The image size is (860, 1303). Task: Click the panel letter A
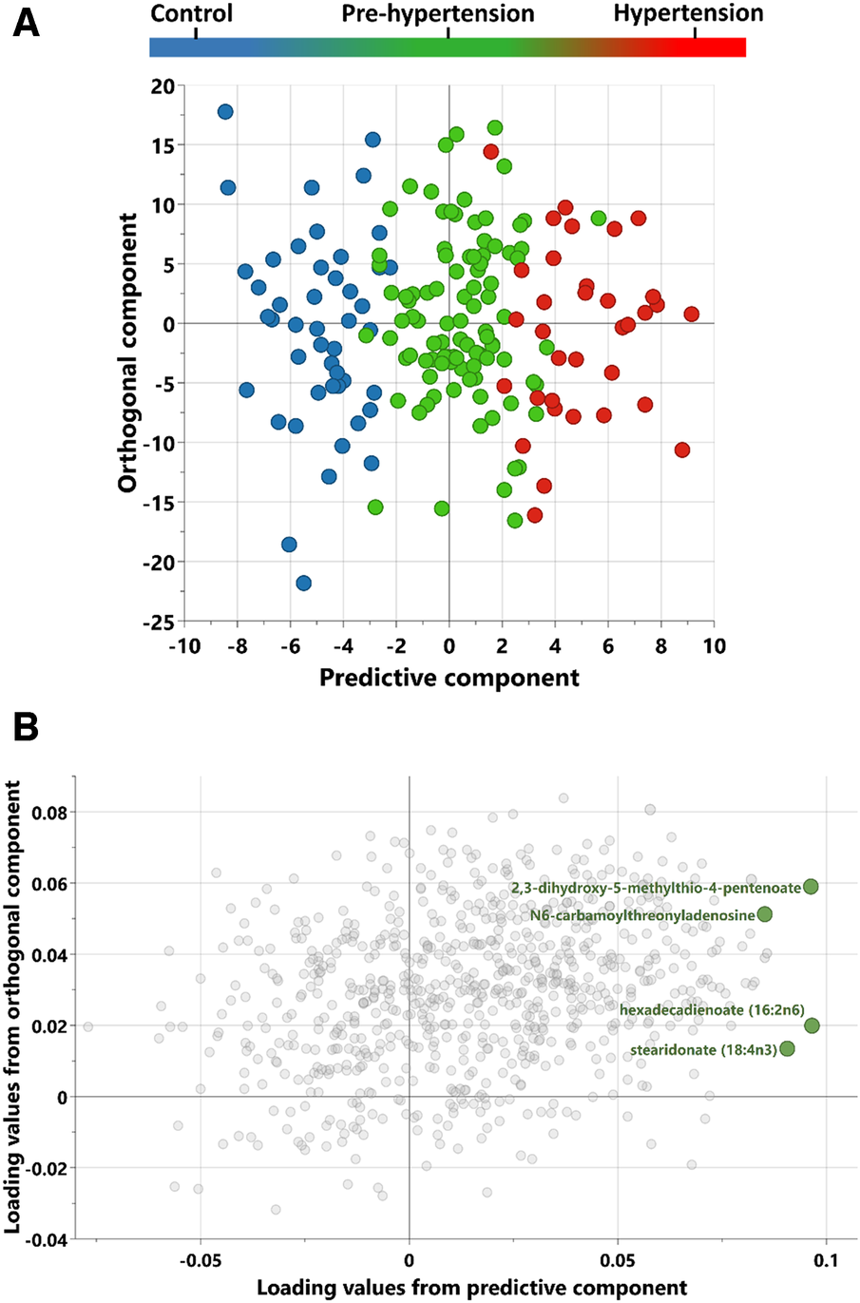pyautogui.click(x=26, y=21)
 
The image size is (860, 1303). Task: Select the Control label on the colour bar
pyautogui.click(x=191, y=13)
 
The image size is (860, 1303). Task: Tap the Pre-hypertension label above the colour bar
pyautogui.click(x=438, y=14)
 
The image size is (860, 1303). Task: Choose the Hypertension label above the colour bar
pyautogui.click(x=688, y=13)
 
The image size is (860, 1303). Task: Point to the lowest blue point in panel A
pyautogui.click(x=303, y=583)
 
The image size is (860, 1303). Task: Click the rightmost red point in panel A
pyautogui.click(x=691, y=314)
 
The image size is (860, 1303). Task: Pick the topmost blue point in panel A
pyautogui.click(x=225, y=112)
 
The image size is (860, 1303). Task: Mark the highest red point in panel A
pyautogui.click(x=490, y=151)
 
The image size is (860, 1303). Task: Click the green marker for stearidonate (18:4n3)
pyautogui.click(x=787, y=1049)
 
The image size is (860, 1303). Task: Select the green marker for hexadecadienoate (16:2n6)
pyautogui.click(x=812, y=1025)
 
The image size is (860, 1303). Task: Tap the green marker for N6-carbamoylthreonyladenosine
pyautogui.click(x=764, y=914)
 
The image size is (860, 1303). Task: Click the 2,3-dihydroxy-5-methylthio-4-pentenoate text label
pyautogui.click(x=656, y=888)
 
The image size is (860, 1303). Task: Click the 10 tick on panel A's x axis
pyautogui.click(x=714, y=647)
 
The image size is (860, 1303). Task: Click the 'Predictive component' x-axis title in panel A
pyautogui.click(x=449, y=678)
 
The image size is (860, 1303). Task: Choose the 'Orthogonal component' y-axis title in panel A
pyautogui.click(x=127, y=353)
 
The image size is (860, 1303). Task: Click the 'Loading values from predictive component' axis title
pyautogui.click(x=471, y=1288)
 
